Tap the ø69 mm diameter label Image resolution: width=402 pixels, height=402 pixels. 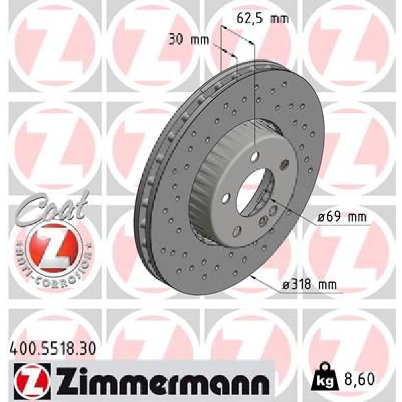pyautogui.click(x=341, y=217)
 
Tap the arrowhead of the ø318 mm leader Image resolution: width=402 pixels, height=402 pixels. pyautogui.click(x=252, y=277)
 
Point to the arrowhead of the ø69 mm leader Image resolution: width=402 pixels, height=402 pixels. pyautogui.click(x=271, y=199)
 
